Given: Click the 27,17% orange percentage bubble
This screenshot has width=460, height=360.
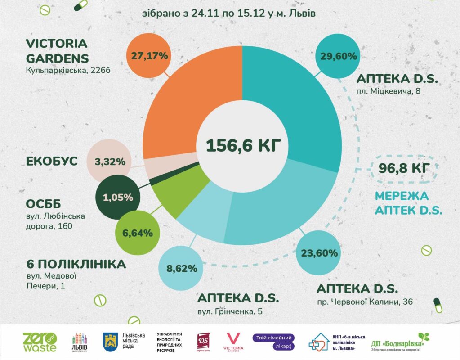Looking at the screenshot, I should tap(149, 56).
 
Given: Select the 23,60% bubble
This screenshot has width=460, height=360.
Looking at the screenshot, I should tap(320, 252).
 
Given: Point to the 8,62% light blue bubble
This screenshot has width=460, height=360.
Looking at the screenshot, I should tap(182, 269).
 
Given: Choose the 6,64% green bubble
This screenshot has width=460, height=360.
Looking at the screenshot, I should tap(138, 233).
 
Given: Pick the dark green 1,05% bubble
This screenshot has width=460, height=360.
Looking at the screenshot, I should tap(118, 198).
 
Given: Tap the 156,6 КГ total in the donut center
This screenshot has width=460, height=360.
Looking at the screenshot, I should tap(243, 146).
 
